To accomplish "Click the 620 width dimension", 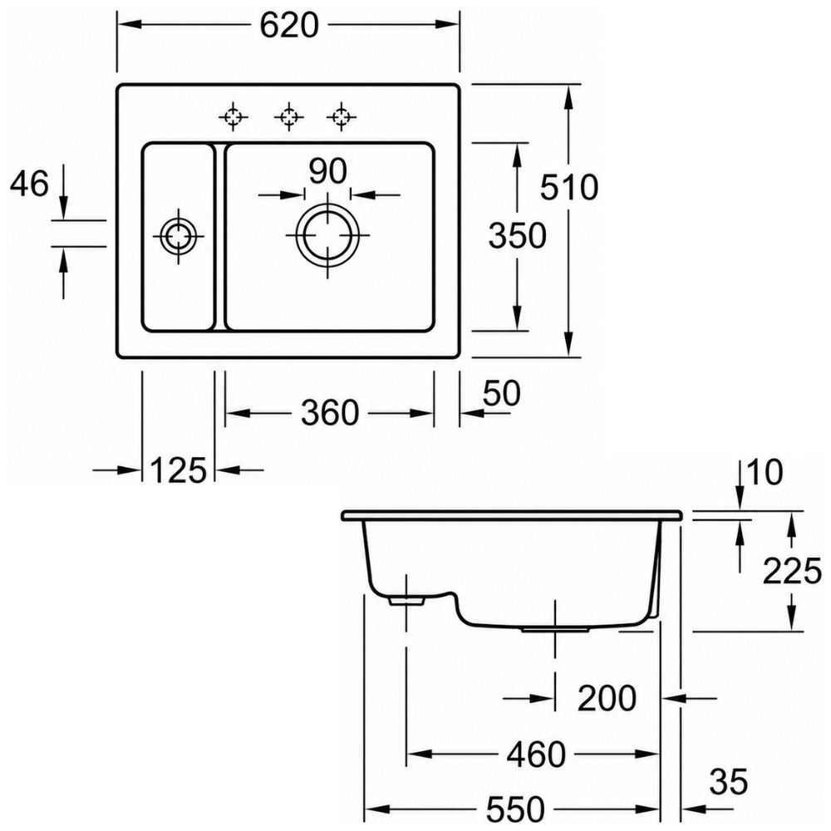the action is tap(289, 26).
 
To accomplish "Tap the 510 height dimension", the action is tap(569, 187).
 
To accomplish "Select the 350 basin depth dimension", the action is tap(517, 236).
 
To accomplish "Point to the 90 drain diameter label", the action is tap(328, 170).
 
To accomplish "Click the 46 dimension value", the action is tap(30, 184).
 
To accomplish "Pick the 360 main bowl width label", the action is tap(330, 413).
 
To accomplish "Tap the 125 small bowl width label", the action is tap(178, 470).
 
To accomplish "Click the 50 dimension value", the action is tap(502, 393).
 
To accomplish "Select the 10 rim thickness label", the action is tap(765, 472).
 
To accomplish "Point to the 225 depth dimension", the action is tap(792, 572).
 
